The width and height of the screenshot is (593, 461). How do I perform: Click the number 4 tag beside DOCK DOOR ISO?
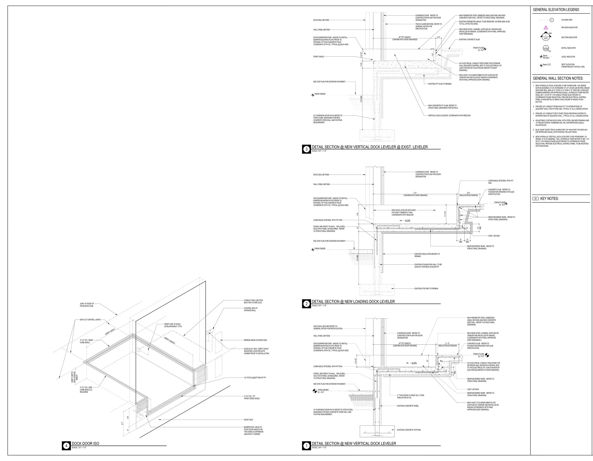click(66, 446)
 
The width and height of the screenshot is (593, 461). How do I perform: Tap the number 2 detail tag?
click(306, 304)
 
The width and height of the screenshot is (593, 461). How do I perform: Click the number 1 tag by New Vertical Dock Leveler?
click(306, 446)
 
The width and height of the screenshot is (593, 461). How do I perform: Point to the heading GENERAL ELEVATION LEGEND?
click(556, 10)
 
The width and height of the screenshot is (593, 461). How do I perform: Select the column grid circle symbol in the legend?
click(551, 20)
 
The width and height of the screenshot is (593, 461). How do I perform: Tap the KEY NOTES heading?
click(549, 199)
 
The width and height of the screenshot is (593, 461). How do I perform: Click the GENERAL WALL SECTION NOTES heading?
click(558, 78)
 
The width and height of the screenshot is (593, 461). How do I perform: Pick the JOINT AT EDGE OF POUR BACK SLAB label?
click(87, 305)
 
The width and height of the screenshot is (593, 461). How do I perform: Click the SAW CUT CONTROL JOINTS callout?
click(90, 320)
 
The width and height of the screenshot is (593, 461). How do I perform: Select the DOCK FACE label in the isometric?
click(248, 420)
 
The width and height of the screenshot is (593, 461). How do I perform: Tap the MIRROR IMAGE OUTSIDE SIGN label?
click(255, 340)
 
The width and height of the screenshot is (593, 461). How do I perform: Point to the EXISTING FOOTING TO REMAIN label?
click(426, 288)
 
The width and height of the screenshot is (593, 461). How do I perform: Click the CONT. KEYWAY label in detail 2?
click(494, 236)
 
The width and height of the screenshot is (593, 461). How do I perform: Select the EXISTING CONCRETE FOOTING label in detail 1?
click(409, 430)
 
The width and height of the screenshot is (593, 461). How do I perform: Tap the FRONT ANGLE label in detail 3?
click(319, 57)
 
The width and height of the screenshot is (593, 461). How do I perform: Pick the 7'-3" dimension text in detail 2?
click(415, 193)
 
